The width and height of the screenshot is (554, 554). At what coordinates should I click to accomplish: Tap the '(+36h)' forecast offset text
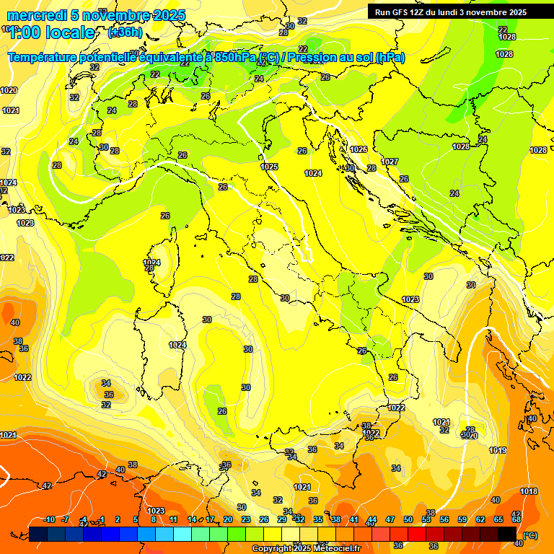[x=125, y=32]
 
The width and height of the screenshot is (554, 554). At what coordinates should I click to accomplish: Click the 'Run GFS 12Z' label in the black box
[x=401, y=12]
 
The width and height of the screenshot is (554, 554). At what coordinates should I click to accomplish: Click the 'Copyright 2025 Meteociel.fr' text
[x=306, y=549]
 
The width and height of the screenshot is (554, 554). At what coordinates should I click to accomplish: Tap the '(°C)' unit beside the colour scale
[x=529, y=535]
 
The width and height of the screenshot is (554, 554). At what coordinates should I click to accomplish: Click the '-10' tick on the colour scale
[x=49, y=519]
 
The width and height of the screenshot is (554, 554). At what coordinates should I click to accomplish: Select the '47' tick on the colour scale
[x=390, y=519]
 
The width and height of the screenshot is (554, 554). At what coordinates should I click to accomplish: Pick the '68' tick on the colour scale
[x=516, y=519]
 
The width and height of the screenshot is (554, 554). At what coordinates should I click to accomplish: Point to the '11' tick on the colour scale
[x=174, y=519]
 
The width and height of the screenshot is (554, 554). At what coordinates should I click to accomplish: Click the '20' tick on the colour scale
[x=228, y=519]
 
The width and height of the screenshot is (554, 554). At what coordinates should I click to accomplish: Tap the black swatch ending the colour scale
[x=507, y=534]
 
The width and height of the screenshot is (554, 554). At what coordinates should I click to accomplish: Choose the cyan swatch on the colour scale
[x=183, y=534]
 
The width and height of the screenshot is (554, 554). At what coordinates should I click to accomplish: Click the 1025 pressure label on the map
[x=269, y=167]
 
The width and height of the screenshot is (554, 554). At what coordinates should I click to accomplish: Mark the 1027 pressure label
[x=390, y=162]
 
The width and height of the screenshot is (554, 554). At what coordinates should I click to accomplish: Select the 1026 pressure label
[x=359, y=149]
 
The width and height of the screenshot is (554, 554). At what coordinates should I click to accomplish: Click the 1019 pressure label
[x=498, y=450]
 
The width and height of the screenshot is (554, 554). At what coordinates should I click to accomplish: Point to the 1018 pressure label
[x=529, y=491]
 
